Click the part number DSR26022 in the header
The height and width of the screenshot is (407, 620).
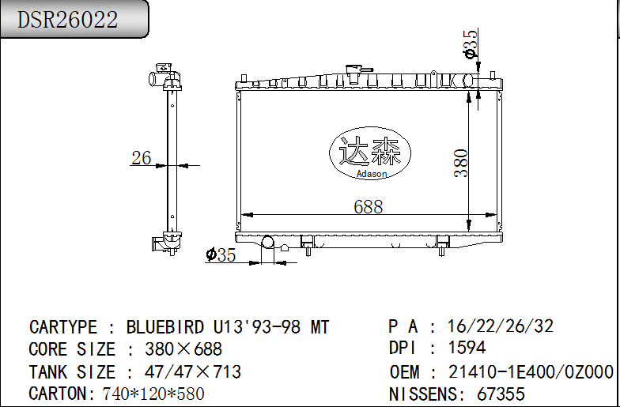(x=68, y=20)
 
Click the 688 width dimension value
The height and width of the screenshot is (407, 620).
(x=369, y=206)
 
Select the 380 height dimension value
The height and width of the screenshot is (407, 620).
(x=461, y=162)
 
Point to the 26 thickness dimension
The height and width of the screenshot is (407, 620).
(x=142, y=158)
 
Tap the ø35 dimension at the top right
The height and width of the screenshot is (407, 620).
(x=471, y=44)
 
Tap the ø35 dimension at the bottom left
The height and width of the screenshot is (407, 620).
(x=221, y=254)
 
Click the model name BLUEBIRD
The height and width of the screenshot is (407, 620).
(x=167, y=327)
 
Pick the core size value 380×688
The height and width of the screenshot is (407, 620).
(x=183, y=349)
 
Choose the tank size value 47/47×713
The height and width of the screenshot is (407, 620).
(x=193, y=371)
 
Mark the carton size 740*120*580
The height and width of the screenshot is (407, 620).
(x=153, y=394)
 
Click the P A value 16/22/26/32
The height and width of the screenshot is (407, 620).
(x=501, y=326)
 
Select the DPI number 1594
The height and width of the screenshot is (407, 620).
(x=467, y=348)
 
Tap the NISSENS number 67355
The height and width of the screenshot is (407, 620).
(x=501, y=394)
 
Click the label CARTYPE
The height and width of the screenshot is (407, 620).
(x=63, y=327)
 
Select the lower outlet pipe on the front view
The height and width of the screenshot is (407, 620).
(x=267, y=243)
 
